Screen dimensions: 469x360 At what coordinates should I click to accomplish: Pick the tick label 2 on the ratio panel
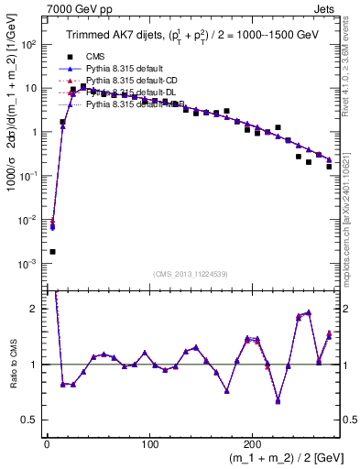[x=34, y=309]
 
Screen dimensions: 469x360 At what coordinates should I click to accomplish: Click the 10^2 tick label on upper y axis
[x=28, y=45]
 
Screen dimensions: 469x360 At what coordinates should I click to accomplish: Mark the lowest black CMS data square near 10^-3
[x=52, y=251]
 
